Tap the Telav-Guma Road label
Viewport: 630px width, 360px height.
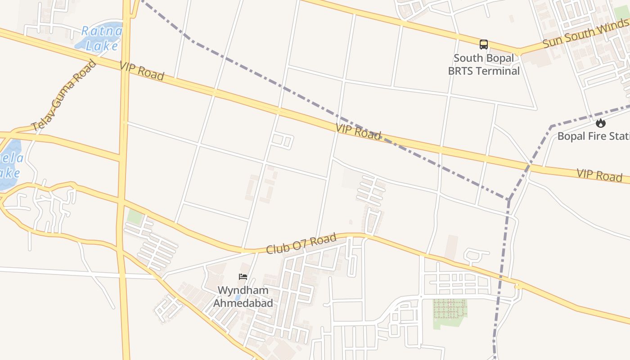[x=64, y=95]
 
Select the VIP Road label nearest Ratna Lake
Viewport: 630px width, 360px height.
[x=142, y=71]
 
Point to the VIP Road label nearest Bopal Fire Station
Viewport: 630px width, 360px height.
[x=599, y=175]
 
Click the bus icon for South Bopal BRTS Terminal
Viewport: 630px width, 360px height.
[x=484, y=45]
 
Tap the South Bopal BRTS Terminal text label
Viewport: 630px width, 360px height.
[x=484, y=64]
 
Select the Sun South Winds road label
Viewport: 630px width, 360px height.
[x=585, y=34]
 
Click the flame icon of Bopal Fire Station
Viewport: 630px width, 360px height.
[x=600, y=123]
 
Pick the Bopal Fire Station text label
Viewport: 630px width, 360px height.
[x=593, y=136]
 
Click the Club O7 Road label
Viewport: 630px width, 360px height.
[x=301, y=243]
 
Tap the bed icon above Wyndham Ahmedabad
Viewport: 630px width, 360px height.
[x=243, y=276]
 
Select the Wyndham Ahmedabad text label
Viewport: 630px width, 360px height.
[x=243, y=297]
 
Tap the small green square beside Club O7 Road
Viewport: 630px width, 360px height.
[x=135, y=216]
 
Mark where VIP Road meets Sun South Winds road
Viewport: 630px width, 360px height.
[x=518, y=52]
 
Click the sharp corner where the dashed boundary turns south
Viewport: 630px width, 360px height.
[x=509, y=199]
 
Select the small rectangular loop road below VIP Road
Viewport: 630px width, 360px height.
[x=283, y=140]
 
